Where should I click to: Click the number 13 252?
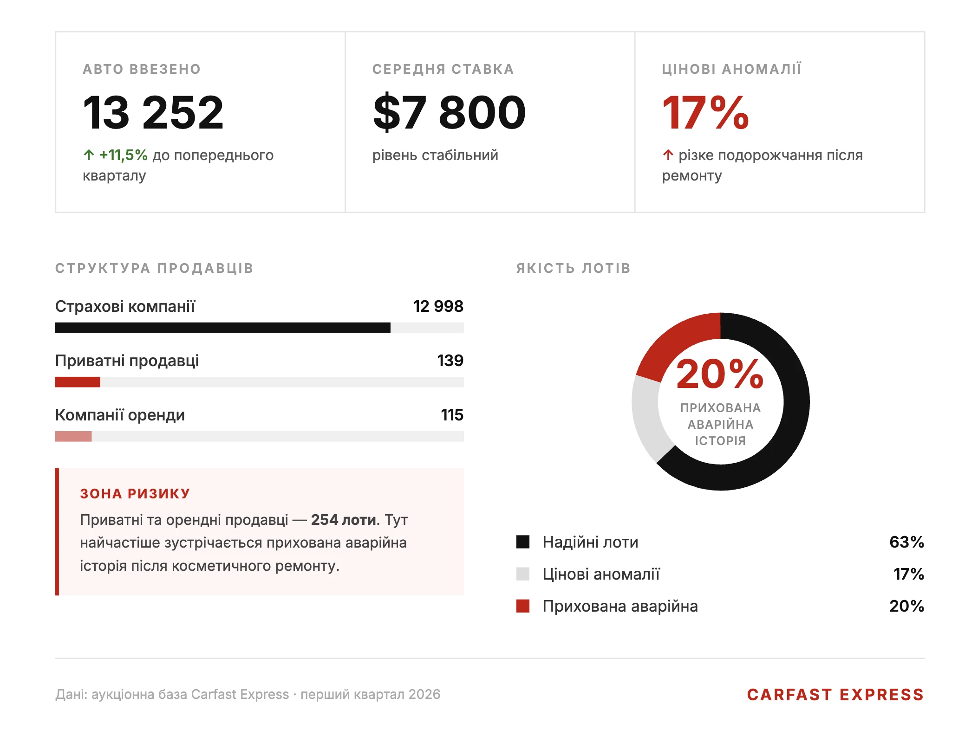pos(153,113)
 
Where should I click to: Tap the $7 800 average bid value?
pos(449,113)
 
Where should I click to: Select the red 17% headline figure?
pos(705,113)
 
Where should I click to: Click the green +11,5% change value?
pos(123,155)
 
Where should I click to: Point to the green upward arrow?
pos(89,155)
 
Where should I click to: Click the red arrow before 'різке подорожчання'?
pos(668,155)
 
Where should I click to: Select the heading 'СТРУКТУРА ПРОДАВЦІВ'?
pos(154,268)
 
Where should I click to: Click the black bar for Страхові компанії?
pos(222,328)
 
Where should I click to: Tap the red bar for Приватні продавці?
pos(78,382)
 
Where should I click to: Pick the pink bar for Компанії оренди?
pos(73,436)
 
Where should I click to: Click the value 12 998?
pos(438,306)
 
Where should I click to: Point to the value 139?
pos(450,361)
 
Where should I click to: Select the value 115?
pos(452,415)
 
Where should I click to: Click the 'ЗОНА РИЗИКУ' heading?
pos(135,493)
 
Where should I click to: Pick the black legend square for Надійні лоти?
pos(523,542)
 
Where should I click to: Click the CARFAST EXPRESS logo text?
pos(835,695)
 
